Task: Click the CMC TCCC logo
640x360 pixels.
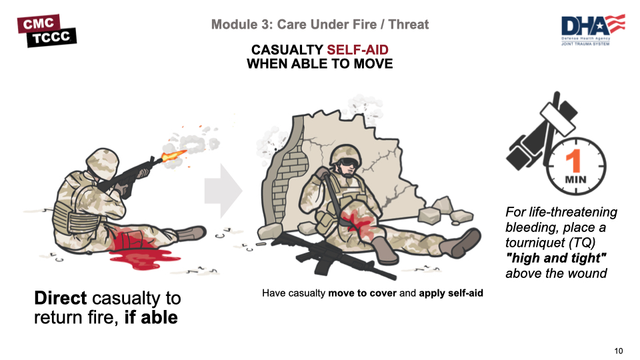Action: pos(47,31)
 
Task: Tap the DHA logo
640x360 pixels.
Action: pos(593,30)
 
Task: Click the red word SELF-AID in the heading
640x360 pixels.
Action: pos(357,50)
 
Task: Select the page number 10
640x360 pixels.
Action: pos(619,351)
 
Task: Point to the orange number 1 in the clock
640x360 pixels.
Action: pos(574,161)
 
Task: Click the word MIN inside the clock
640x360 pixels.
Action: pos(575,179)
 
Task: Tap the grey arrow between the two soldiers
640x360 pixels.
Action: pos(223,191)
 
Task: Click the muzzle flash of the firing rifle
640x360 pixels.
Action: pos(173,155)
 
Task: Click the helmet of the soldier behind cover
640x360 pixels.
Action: pos(345,153)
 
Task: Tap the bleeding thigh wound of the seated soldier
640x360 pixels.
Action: pos(357,222)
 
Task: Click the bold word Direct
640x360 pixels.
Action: pos(61,298)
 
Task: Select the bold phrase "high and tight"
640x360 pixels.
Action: pos(556,258)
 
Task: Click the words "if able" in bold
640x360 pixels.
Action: pos(151,317)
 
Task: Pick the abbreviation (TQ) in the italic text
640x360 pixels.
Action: pos(582,243)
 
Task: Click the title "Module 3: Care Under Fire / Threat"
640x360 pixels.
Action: pos(320,25)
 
